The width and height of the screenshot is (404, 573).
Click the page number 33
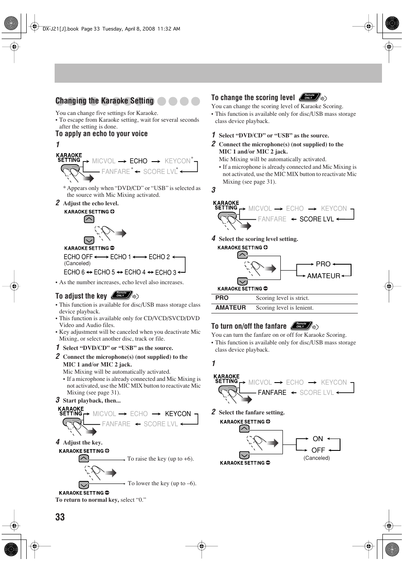click(60, 517)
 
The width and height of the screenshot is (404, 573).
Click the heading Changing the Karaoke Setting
click(105, 101)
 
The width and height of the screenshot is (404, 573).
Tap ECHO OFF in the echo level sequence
click(78, 257)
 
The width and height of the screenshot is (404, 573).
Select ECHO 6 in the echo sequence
click(74, 272)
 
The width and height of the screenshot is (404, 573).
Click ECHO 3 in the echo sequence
click(166, 272)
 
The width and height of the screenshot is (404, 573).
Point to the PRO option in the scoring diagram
click(323, 264)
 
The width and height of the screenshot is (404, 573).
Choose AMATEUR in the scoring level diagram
click(324, 276)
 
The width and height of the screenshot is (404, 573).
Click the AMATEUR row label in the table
click(230, 308)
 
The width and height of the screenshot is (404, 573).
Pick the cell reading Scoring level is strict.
click(282, 298)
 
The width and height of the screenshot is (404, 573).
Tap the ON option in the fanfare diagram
click(318, 439)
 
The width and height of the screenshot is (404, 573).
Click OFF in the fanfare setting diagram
click(318, 450)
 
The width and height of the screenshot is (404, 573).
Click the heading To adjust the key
click(81, 296)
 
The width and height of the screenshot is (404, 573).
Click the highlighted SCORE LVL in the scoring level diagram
click(317, 219)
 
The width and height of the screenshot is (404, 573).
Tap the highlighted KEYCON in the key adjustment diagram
click(178, 414)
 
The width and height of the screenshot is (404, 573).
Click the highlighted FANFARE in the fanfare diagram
click(272, 393)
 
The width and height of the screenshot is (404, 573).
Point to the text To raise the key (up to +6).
click(160, 459)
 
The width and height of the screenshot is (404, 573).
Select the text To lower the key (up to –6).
click(162, 484)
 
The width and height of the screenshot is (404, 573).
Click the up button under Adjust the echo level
click(89, 219)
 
